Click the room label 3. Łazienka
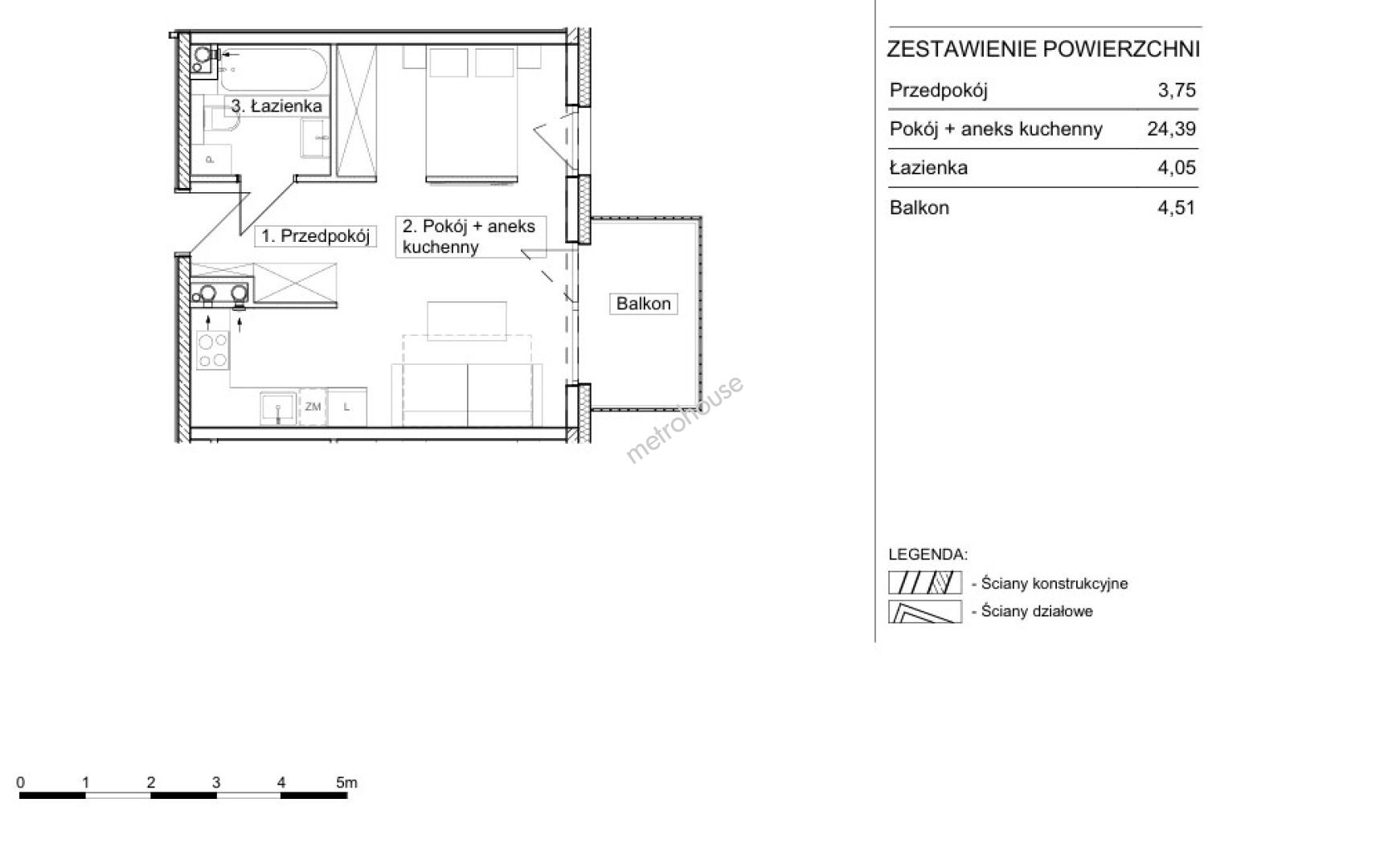(276, 106)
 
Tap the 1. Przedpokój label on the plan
(316, 236)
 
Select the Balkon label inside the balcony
(643, 304)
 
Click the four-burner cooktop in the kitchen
(212, 350)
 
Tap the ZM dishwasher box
(313, 407)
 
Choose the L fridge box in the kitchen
(347, 407)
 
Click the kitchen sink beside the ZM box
(278, 408)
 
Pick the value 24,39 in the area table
(1171, 129)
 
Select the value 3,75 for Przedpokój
(1177, 90)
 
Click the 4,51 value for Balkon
(1177, 207)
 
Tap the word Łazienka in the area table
(928, 168)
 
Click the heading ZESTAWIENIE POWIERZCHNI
(1043, 49)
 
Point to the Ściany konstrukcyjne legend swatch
(925, 583)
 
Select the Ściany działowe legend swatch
(925, 612)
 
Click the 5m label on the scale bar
(346, 783)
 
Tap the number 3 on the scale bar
(216, 783)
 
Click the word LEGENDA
(928, 555)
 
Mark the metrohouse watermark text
(684, 419)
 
